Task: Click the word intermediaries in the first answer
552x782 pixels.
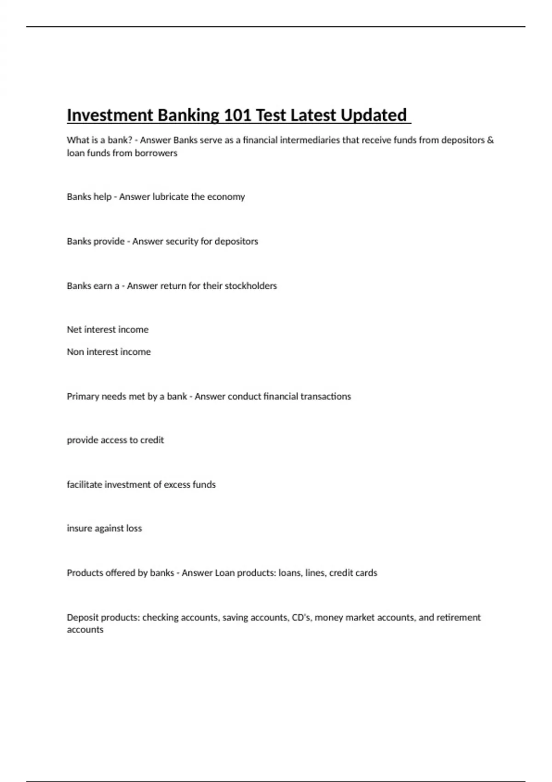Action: pos(310,140)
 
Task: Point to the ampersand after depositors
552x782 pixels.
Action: pos(490,140)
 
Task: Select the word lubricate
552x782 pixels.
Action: pos(170,197)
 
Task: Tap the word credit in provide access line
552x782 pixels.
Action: pos(152,440)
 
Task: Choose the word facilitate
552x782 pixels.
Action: pos(84,484)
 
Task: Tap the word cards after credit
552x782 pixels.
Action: pos(366,573)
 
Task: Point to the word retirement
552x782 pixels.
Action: pos(458,617)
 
